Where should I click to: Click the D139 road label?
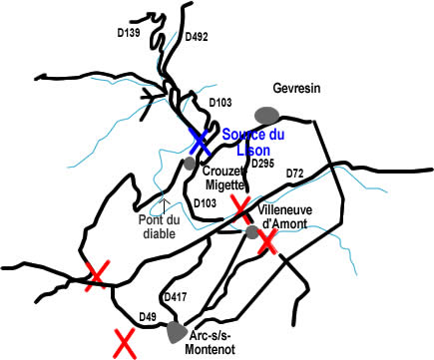pos(128,33)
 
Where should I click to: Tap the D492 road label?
pos(198,39)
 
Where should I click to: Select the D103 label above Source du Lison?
pos(218,103)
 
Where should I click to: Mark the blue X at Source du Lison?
pos(200,141)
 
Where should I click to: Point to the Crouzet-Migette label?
pos(224,176)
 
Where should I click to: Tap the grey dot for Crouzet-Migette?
pos(189,163)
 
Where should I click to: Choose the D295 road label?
pos(262,164)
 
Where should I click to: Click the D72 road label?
pos(295,176)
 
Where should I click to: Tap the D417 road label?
pos(176,296)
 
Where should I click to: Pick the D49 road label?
pos(147,317)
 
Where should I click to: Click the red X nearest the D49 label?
pos(125,344)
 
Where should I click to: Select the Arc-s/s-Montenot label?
pos(220,345)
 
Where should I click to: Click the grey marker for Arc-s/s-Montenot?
pos(177,329)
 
